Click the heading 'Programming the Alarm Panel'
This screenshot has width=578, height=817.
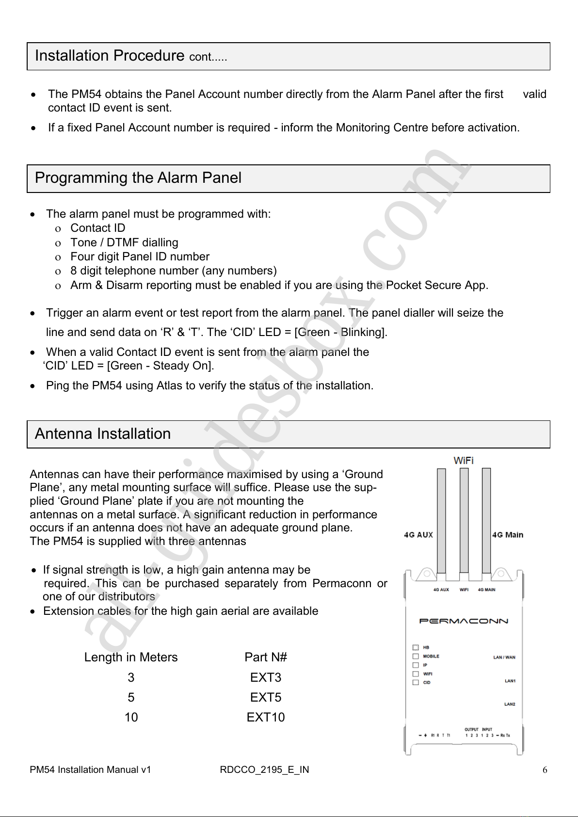138,178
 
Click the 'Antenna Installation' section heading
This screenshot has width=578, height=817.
103,433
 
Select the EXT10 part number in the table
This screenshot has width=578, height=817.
266,717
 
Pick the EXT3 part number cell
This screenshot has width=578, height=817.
266,677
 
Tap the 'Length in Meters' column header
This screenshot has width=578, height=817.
131,657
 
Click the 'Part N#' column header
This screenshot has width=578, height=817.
266,657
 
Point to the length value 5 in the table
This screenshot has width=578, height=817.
131,697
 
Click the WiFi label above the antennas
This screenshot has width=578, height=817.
464,461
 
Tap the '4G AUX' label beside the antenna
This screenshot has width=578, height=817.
418,535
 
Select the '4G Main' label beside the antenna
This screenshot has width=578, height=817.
508,535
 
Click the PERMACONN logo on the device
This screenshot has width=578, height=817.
464,621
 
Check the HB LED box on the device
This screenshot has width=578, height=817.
416,647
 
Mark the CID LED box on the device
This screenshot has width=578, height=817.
416,682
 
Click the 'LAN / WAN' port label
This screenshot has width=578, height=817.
504,657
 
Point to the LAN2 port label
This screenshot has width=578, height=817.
510,704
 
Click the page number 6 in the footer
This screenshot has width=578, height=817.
545,770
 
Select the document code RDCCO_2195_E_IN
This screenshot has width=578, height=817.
264,770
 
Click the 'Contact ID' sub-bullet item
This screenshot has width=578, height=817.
97,228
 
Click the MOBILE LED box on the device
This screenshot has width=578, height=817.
416,656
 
